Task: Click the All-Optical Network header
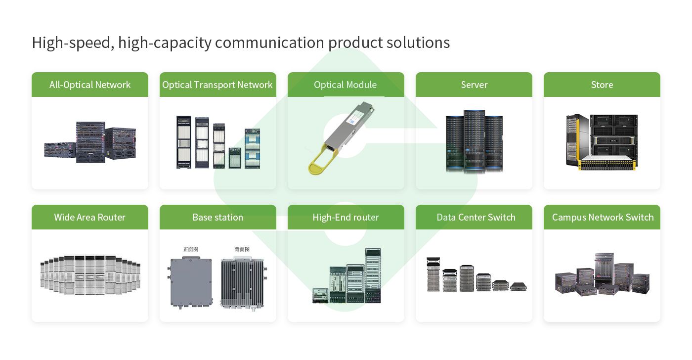90,85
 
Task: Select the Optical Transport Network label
217,85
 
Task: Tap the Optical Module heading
346,85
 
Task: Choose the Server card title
474,85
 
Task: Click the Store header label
602,85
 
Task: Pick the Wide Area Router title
90,217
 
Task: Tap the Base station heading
217,217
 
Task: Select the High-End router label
346,217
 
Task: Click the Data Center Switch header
476,217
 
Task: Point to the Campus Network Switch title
603,217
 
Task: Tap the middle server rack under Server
474,141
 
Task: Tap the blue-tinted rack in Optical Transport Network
252,148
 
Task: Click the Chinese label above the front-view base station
190,249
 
